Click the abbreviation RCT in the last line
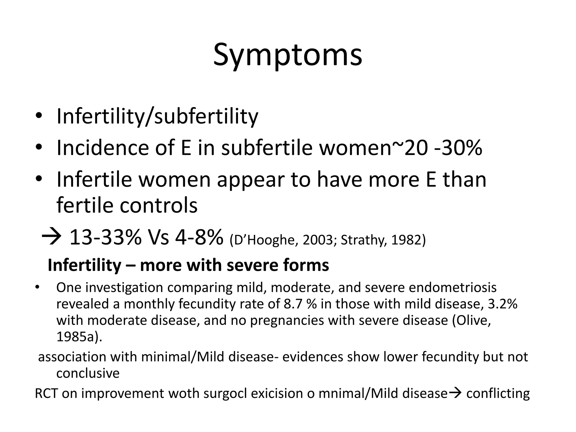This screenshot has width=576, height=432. (46, 393)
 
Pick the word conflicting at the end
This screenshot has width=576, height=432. (498, 393)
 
